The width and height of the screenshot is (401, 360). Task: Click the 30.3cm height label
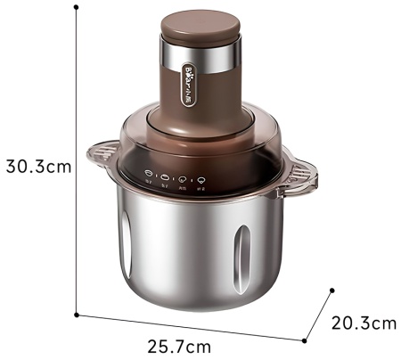tap(37, 166)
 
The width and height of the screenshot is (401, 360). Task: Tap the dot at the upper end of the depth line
tap(332, 290)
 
